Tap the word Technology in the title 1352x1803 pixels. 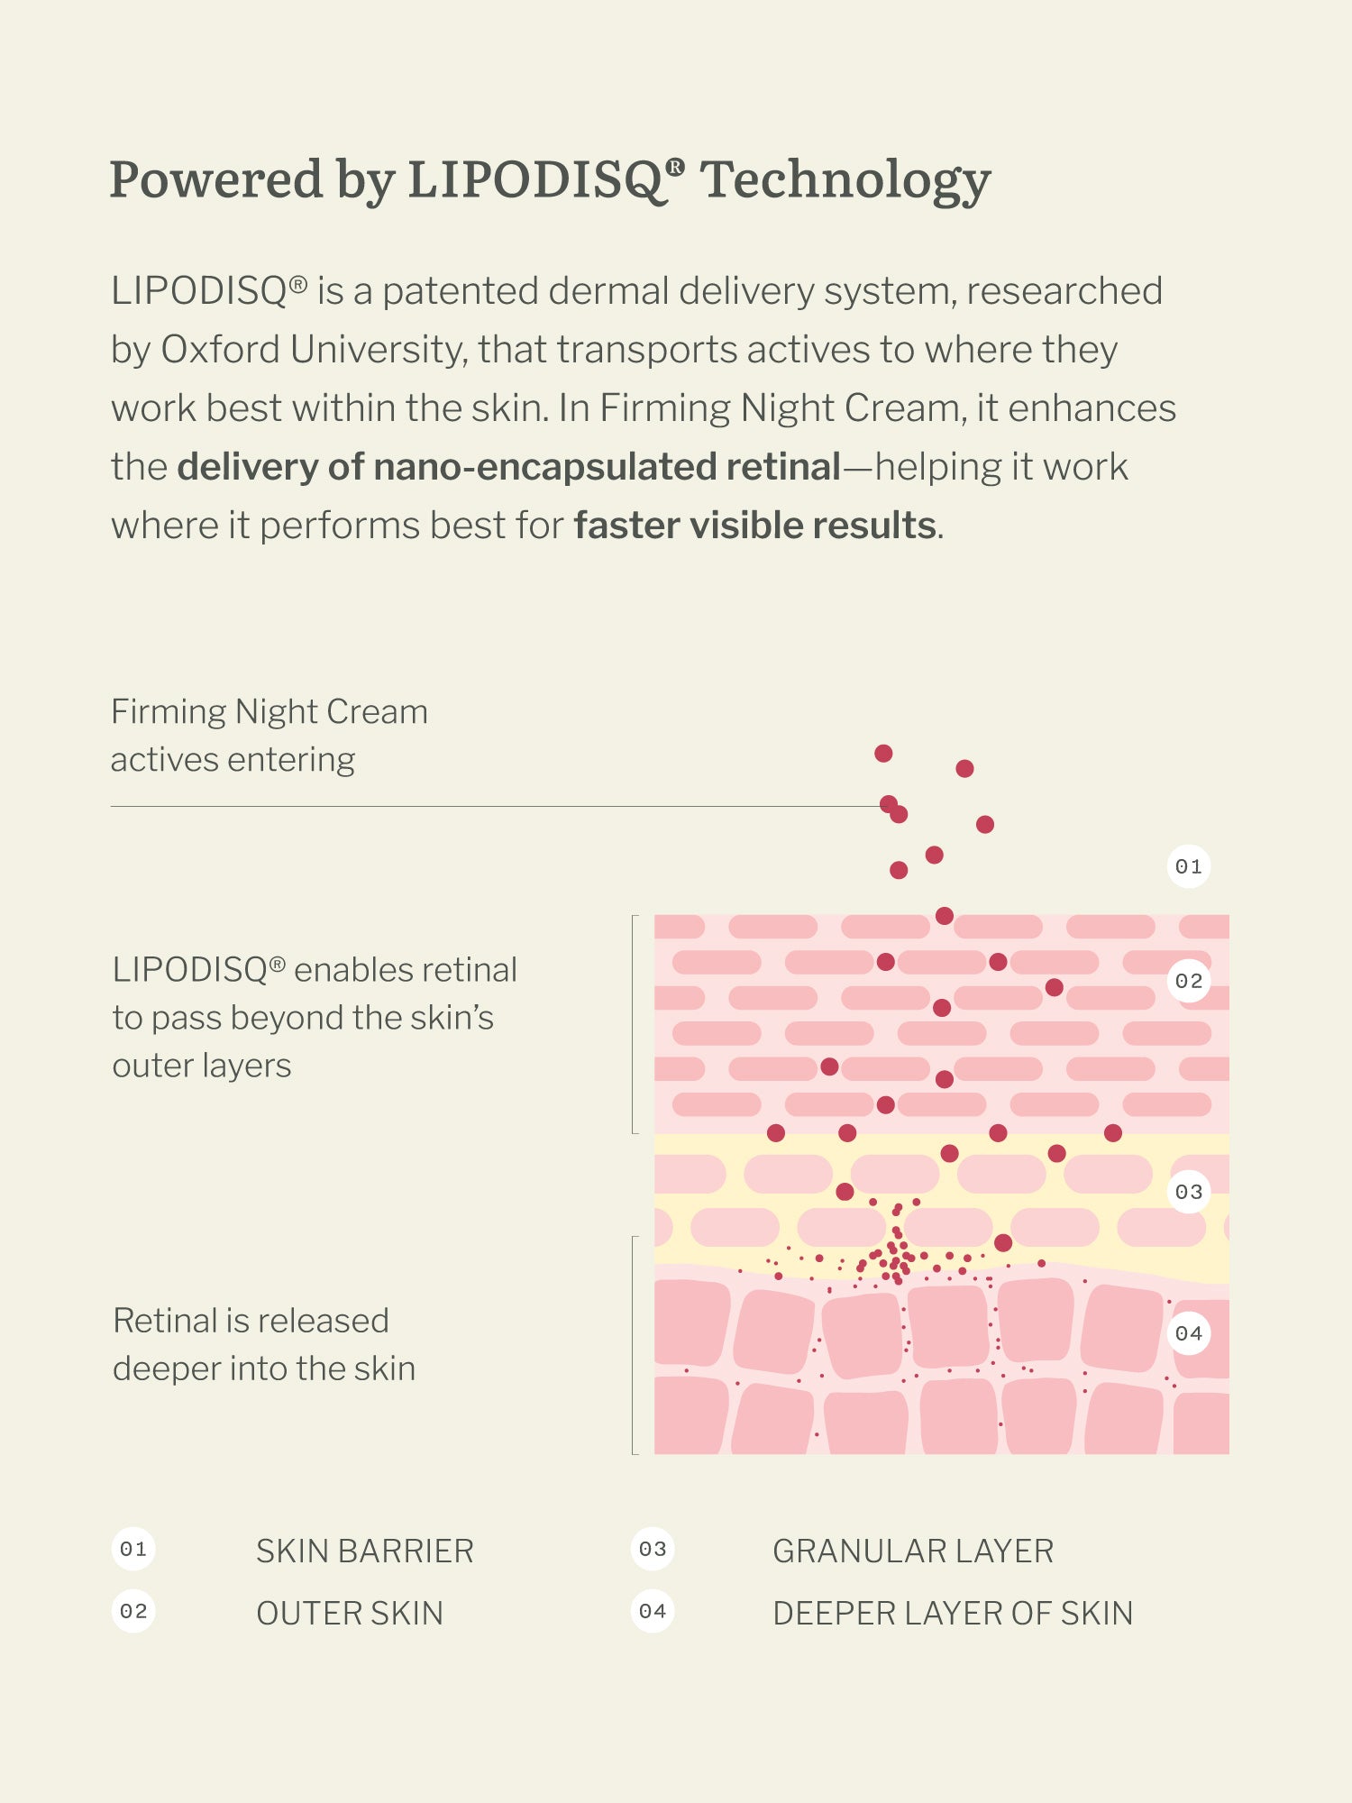pos(845,180)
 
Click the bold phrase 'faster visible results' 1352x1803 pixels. pos(755,526)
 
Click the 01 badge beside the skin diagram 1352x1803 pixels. pos(1189,866)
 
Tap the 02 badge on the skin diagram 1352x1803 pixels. pos(1189,981)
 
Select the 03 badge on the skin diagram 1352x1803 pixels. pos(1189,1192)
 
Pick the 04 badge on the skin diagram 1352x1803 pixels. pos(1189,1333)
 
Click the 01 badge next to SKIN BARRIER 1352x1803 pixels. pos(133,1550)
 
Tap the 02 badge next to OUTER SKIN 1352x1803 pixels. pos(133,1612)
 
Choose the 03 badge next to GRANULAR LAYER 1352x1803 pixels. pos(653,1550)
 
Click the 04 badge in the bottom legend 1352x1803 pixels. pos(653,1612)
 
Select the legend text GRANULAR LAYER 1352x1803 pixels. pos(913,1551)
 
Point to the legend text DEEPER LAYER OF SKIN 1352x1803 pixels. pos(953,1614)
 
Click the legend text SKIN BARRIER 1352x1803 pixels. pos(365,1551)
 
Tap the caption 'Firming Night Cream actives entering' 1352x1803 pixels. pos(269,736)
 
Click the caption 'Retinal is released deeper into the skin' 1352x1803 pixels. pos(264,1344)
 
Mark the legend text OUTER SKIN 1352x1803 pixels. pos(350,1614)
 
